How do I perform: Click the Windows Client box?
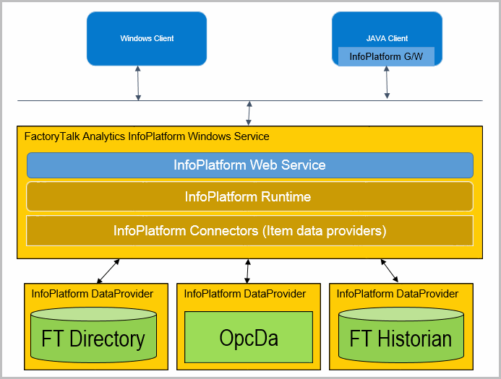coord(147,38)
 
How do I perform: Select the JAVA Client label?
coord(387,38)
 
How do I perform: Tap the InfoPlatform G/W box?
coord(386,56)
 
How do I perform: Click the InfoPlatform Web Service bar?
coord(250,165)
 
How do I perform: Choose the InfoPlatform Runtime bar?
coord(250,196)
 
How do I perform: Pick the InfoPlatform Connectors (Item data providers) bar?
coord(250,231)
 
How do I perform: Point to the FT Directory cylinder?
coord(93,335)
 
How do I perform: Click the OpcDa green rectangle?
coord(249,337)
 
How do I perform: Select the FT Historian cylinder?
coord(401,335)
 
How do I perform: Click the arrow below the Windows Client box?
coord(138,83)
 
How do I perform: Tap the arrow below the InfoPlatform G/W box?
coord(387,82)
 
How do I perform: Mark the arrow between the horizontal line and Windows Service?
coord(249,113)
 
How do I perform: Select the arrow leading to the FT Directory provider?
coord(108,271)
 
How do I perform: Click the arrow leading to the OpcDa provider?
coord(248,271)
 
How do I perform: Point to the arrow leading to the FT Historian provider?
coord(389,271)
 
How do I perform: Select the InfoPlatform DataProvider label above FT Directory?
coord(93,294)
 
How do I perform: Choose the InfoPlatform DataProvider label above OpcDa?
coord(245,294)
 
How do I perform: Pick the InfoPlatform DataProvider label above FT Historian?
coord(398,294)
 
